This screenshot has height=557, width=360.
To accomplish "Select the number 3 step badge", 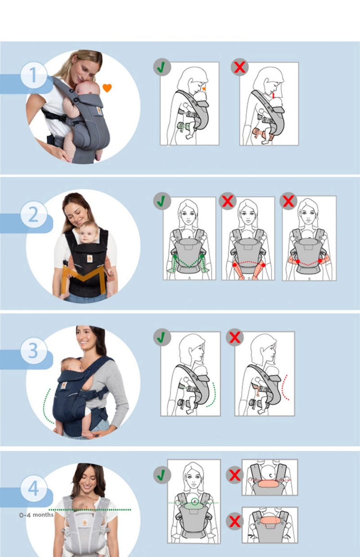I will tap(34, 350).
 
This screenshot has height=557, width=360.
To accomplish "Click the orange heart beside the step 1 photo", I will tap(107, 88).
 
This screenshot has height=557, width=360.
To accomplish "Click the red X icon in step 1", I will tap(239, 67).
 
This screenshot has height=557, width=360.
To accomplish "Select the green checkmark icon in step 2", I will tap(160, 201).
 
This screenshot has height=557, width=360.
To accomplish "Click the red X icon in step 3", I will tap(234, 337).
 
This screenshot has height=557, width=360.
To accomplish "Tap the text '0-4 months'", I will tap(36, 515).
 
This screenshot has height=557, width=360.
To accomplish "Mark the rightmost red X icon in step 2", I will tap(288, 201).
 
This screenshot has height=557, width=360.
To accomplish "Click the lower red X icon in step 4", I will tap(234, 522).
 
